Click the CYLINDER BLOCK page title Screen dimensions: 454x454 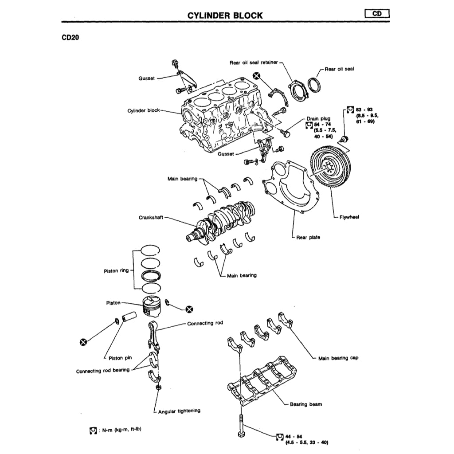click(225, 16)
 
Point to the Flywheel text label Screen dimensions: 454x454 click(349, 217)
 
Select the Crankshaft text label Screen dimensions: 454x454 click(151, 218)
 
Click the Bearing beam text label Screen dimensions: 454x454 click(306, 404)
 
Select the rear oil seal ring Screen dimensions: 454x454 click(315, 85)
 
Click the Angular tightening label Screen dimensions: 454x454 click(179, 411)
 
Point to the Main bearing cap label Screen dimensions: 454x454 click(338, 358)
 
